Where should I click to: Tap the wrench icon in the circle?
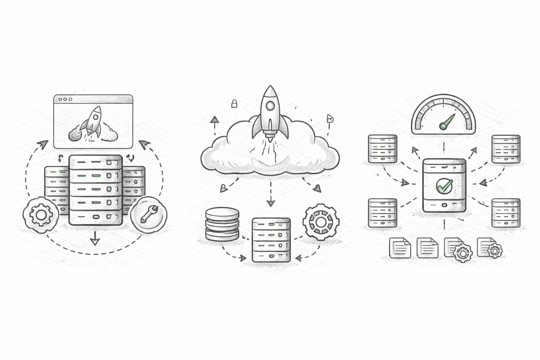149,214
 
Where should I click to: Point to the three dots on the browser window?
65,99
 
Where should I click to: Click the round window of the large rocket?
270,105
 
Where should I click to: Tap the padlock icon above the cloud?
234,103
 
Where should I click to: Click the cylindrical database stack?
222,224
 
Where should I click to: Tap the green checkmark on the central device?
444,185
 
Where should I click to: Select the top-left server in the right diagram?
382,149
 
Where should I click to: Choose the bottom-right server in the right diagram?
506,213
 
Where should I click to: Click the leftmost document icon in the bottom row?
400,248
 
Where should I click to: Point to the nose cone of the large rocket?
270,90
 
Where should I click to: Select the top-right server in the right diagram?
506,149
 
